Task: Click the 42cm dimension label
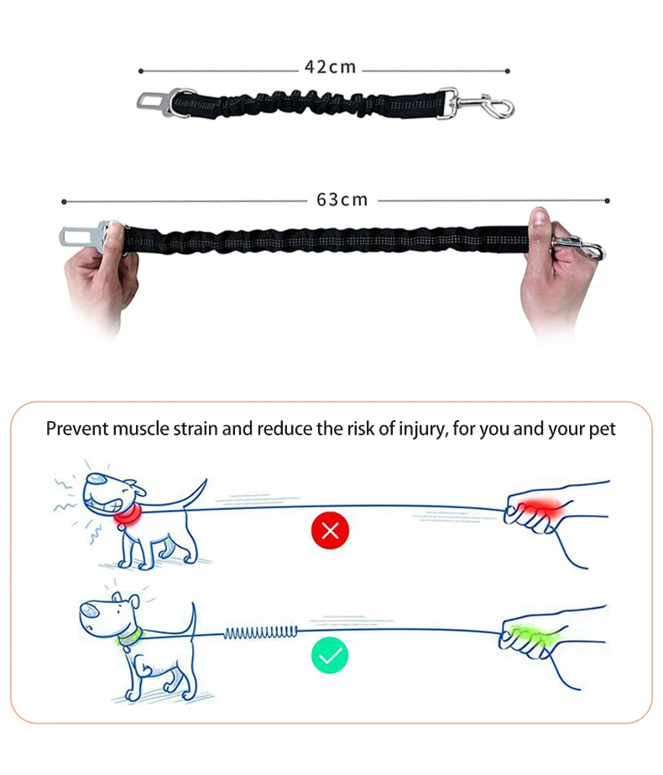click(x=330, y=67)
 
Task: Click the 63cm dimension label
click(x=342, y=200)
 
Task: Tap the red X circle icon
click(x=330, y=530)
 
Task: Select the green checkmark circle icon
click(x=330, y=655)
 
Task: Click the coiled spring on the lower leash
click(x=260, y=632)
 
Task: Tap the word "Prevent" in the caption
click(x=76, y=429)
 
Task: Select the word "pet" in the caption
click(x=603, y=429)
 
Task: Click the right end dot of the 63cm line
click(x=607, y=200)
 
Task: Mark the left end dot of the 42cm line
click(x=141, y=71)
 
